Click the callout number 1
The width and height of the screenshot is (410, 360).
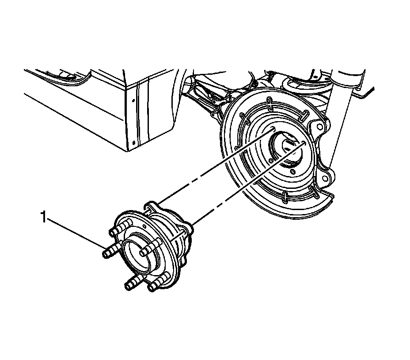43,217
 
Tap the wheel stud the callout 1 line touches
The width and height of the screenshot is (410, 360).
107,253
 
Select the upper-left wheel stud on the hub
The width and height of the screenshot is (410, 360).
115,230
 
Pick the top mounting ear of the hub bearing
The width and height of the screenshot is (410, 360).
151,206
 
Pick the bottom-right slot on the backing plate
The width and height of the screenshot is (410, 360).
315,191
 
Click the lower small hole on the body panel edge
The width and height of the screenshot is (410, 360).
133,143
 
